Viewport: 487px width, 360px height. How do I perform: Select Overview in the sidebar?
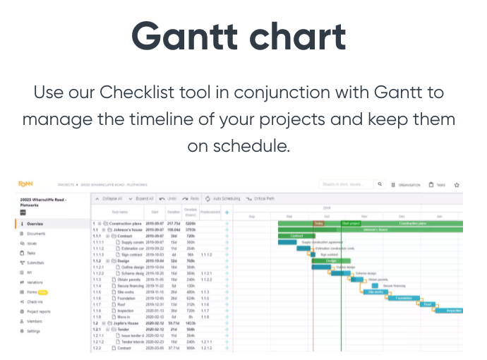click(x=35, y=224)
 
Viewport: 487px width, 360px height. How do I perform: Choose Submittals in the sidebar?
click(x=36, y=262)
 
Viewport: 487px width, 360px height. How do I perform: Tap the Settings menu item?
click(x=34, y=330)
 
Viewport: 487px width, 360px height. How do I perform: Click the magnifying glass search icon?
click(x=380, y=185)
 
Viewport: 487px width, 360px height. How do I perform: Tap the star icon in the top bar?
click(x=457, y=185)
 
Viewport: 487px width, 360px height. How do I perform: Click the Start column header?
click(x=155, y=211)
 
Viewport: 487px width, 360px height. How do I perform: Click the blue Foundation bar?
click(x=404, y=298)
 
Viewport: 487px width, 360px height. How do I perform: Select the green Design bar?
click(x=330, y=261)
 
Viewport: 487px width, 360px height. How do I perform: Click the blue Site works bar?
click(x=374, y=292)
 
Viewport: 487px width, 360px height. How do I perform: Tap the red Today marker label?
click(x=318, y=224)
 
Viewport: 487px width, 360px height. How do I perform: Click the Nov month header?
click(x=364, y=216)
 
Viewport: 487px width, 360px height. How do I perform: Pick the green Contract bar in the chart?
click(x=297, y=236)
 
